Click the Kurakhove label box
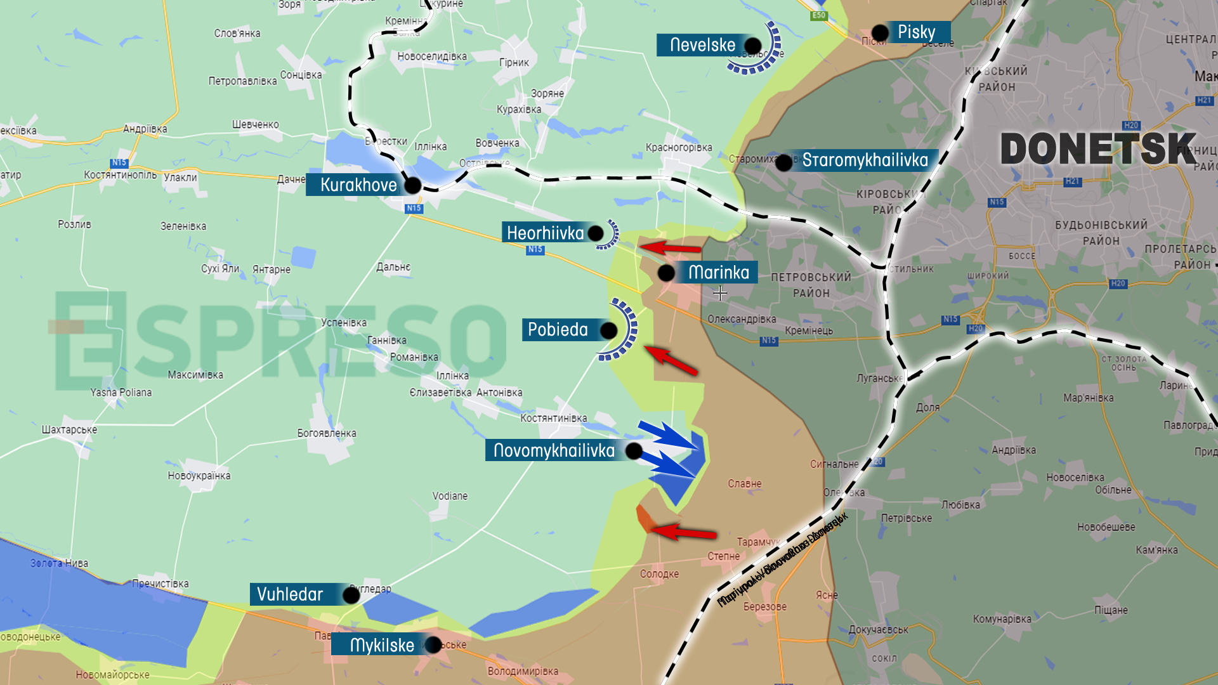[x=358, y=185]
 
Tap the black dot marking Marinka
[x=666, y=273]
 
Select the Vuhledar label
[x=290, y=594]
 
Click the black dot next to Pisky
[x=880, y=33]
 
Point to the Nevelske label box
[x=702, y=45]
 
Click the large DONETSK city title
[x=1098, y=149]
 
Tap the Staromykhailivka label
[x=865, y=160]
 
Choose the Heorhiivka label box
[x=545, y=233]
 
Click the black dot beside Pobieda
[x=608, y=330]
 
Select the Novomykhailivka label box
[x=554, y=450]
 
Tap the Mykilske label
[x=382, y=645]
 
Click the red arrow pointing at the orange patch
[x=684, y=532]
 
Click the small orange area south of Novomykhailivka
[x=645, y=518]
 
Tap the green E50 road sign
[x=819, y=15]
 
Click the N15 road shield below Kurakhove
[x=414, y=208]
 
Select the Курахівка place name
[x=518, y=109]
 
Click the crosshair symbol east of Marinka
[x=720, y=293]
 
